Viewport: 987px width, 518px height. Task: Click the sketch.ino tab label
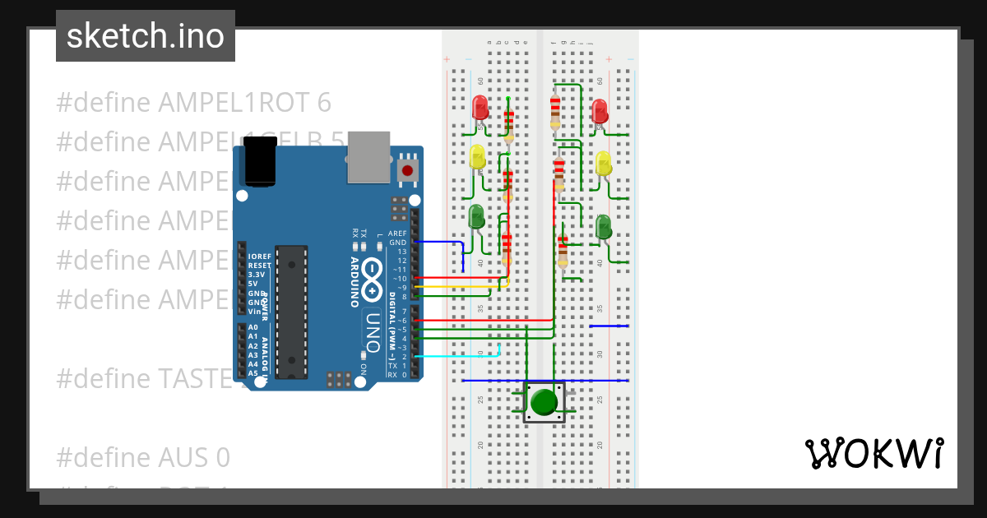pos(146,36)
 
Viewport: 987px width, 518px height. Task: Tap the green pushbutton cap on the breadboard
pos(544,402)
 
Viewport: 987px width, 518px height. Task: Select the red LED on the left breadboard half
pos(480,108)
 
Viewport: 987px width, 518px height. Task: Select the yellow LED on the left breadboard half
pos(478,156)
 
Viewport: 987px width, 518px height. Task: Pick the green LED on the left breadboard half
pos(476,217)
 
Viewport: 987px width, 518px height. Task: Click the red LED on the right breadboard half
pos(600,113)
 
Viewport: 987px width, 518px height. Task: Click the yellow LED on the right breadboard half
pos(604,163)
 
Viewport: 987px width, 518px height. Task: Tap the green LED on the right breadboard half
pos(604,226)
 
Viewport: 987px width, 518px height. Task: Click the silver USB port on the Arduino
pos(368,156)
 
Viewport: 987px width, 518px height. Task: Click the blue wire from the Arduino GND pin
pos(440,243)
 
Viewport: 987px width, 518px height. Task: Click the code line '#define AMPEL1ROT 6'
pos(193,103)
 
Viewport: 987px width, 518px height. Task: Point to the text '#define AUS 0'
pos(143,457)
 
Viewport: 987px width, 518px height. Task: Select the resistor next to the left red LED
pos(508,123)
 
